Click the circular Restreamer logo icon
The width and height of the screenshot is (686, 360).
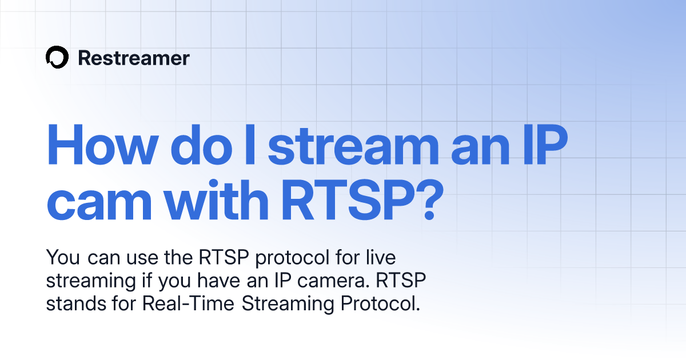click(x=57, y=58)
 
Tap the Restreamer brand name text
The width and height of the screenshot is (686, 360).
click(x=134, y=58)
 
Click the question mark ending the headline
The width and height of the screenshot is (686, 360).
click(x=421, y=201)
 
